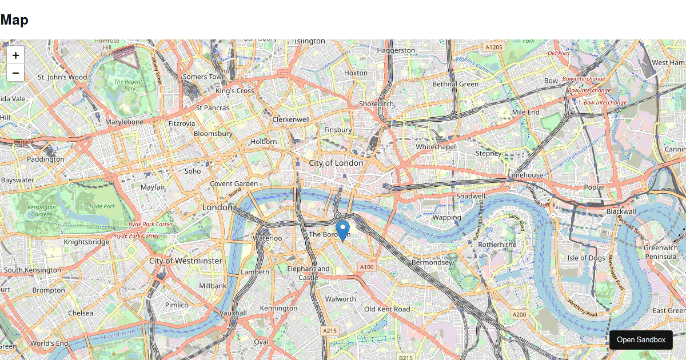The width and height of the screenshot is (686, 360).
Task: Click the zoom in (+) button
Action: coord(15,55)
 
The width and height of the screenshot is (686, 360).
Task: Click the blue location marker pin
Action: coord(342,230)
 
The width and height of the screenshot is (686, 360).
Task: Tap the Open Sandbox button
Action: coord(641,339)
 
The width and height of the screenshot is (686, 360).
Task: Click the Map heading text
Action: coord(14,20)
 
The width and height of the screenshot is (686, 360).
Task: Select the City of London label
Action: coord(336,163)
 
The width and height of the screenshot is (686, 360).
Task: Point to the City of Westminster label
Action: coord(185,261)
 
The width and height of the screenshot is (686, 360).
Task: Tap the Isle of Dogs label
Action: coord(586,258)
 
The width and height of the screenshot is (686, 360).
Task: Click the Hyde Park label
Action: coord(102,206)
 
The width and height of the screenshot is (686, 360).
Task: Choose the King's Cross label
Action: coord(235,91)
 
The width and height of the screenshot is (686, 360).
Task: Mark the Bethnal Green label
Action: coord(455,84)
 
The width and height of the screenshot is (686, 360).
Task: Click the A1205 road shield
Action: coord(493,47)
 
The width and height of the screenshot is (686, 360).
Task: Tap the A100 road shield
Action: coord(366,267)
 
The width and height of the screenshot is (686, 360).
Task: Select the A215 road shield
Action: coord(329,331)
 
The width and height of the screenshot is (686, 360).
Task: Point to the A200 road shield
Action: coord(519,314)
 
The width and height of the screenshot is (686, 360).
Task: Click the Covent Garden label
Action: coord(234,183)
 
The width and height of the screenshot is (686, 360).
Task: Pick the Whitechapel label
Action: coord(434,147)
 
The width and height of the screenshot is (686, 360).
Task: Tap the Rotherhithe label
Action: coord(497,244)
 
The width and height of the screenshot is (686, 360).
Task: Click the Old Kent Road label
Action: coord(387,309)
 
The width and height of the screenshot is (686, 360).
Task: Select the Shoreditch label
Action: coord(376,103)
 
